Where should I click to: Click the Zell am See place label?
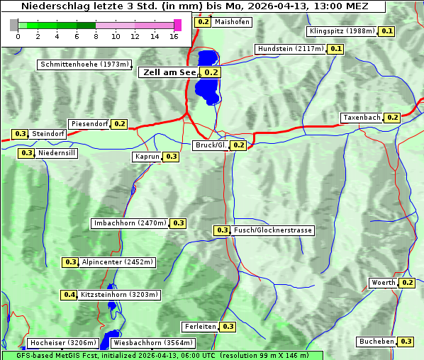coord(169,72)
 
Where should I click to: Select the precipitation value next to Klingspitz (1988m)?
coord(386,31)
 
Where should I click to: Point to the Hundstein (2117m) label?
coord(290,49)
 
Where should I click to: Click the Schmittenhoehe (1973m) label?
coord(84,65)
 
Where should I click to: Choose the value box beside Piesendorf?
coord(120,124)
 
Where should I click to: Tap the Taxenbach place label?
coord(362,118)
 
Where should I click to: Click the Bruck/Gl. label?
coord(211,145)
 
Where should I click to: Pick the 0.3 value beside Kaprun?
coord(171,157)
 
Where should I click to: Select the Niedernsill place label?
coord(57,153)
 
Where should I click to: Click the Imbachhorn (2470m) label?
coord(130,223)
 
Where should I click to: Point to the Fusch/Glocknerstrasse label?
coord(272,230)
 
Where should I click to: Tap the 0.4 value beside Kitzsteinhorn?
coord(69,295)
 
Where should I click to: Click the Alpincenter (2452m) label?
coord(117,262)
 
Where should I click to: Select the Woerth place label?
coord(383,283)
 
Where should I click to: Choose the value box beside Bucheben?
coord(406,342)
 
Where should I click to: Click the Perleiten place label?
coord(199,327)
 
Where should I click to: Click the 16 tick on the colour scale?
coord(174,35)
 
